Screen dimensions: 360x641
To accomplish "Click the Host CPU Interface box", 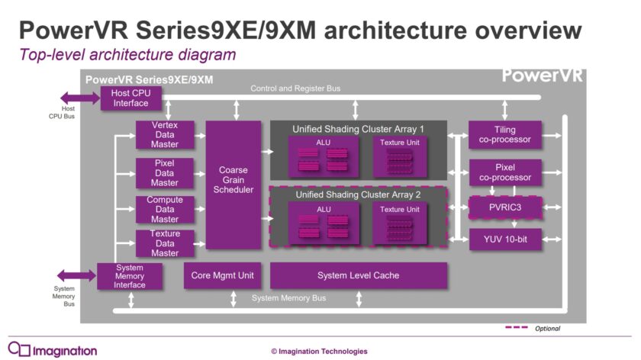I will click(x=126, y=98).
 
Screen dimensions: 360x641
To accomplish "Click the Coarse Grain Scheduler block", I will click(x=234, y=185).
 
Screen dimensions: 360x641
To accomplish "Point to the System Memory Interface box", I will click(x=129, y=275).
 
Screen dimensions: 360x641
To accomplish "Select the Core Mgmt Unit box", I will click(x=219, y=275).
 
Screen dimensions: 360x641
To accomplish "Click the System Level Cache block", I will click(x=358, y=275).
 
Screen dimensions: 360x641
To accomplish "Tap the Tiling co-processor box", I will click(x=504, y=134).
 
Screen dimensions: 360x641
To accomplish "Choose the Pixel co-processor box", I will click(x=504, y=172).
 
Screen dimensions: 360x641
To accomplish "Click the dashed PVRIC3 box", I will click(x=504, y=207).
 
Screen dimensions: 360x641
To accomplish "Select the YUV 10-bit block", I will click(x=504, y=239).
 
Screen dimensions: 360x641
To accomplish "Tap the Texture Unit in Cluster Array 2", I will click(x=399, y=225).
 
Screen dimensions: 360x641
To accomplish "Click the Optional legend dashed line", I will click(x=516, y=328).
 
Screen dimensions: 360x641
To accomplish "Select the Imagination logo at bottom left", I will click(x=53, y=350).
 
